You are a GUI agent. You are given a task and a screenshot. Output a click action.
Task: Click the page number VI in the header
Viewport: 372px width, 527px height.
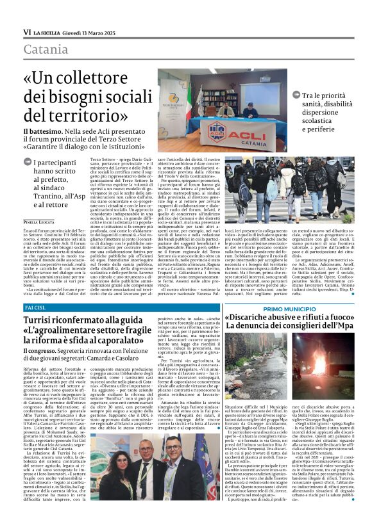(x=26, y=31)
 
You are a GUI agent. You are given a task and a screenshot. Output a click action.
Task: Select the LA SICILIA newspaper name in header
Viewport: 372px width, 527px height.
(x=48, y=32)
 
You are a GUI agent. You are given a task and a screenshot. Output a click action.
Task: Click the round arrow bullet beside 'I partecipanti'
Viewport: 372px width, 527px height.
(x=28, y=163)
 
